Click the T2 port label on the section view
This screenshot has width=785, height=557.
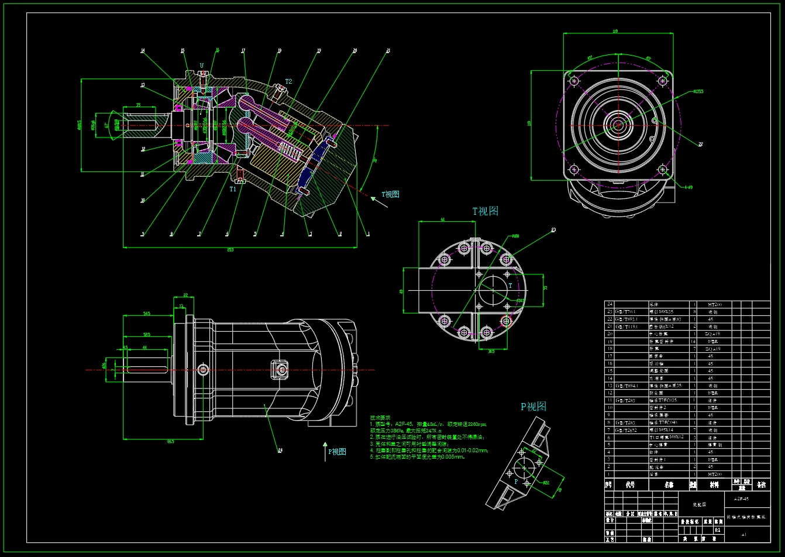coord(288,81)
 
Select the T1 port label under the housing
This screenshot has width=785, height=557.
coord(233,189)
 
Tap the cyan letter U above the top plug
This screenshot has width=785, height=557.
coord(202,66)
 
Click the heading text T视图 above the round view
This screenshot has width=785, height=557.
coord(486,211)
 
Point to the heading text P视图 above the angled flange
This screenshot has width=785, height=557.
coord(533,406)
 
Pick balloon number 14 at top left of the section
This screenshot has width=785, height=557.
coord(143,51)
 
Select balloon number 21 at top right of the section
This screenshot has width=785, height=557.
coord(387,51)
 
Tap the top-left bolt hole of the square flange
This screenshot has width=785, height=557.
coord(573,81)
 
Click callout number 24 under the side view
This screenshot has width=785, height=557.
coord(280,450)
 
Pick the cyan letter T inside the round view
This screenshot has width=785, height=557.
coord(510,286)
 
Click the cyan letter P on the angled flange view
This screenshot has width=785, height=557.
coord(516,481)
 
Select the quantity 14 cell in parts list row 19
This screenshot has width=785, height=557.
coord(694,341)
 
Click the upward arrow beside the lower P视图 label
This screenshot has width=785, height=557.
coord(325,451)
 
